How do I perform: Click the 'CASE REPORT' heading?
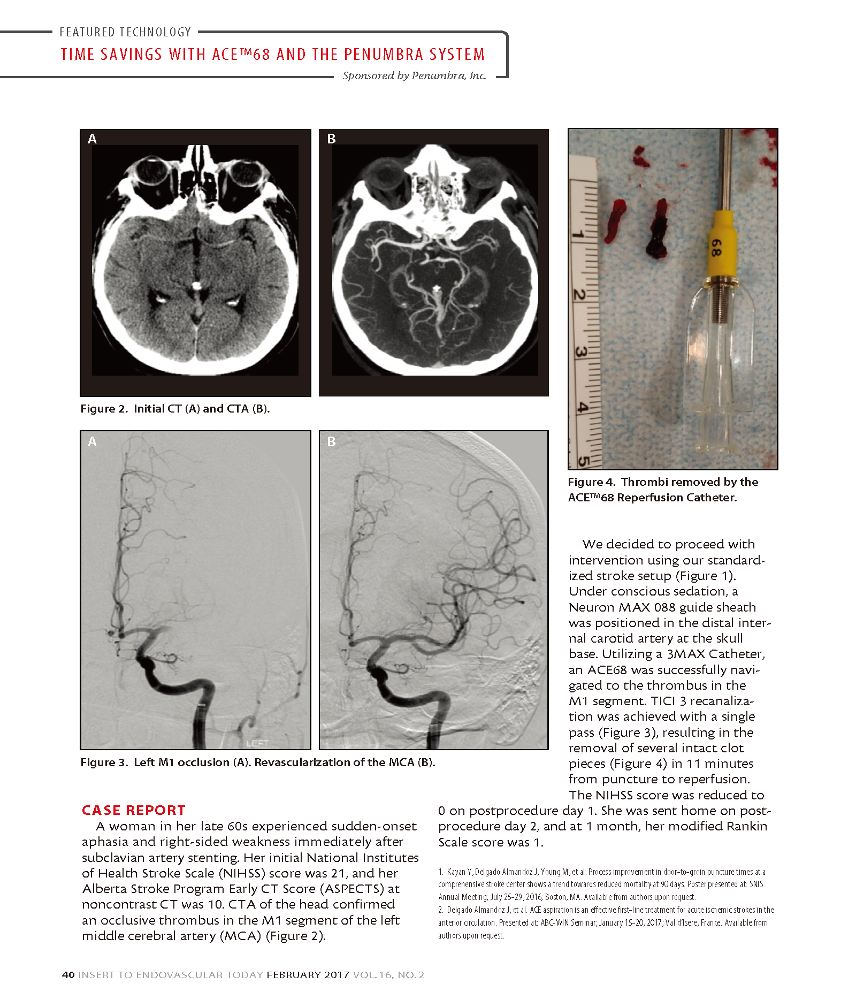tap(133, 810)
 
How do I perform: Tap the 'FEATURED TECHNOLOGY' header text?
tap(125, 32)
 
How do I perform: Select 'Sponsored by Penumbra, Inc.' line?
tap(414, 75)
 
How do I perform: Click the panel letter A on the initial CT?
tap(93, 139)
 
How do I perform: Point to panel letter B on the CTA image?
tap(331, 139)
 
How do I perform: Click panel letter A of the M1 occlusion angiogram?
tap(93, 442)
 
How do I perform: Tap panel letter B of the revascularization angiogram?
tap(331, 442)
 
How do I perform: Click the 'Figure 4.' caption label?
tap(591, 482)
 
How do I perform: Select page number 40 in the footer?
tap(68, 975)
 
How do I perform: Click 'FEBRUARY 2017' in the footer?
tap(308, 975)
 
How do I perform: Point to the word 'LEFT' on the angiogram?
tap(257, 743)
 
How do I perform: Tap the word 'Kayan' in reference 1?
tap(455, 872)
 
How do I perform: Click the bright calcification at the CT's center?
tap(197, 286)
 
